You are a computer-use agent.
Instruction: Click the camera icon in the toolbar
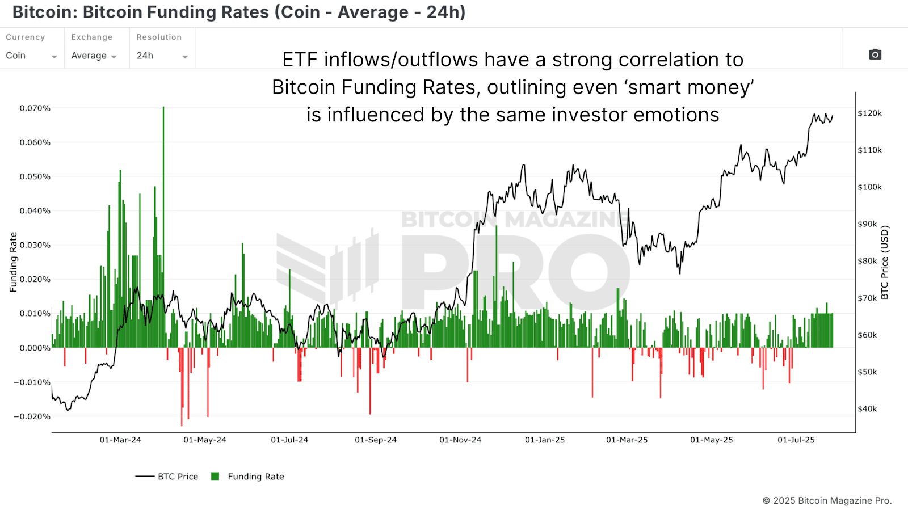(875, 54)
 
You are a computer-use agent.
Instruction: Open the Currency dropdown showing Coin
(31, 56)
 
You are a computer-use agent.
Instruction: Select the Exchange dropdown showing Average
(94, 56)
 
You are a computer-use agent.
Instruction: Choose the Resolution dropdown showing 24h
(162, 56)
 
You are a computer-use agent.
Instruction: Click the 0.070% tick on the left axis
(35, 108)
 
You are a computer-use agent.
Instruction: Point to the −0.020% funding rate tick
(32, 416)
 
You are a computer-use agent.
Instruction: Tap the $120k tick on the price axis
(869, 113)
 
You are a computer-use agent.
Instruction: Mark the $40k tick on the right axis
(867, 409)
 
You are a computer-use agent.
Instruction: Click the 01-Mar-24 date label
(120, 440)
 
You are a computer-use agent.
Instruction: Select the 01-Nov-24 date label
(460, 440)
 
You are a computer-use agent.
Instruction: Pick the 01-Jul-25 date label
(796, 440)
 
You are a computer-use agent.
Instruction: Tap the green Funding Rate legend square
(215, 477)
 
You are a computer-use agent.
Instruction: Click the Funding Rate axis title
(14, 262)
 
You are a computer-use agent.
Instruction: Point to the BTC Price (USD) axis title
(885, 262)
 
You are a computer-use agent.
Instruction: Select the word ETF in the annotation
(301, 60)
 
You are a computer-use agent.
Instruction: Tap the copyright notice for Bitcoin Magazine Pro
(827, 500)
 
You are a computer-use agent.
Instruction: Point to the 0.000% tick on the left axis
(35, 348)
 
